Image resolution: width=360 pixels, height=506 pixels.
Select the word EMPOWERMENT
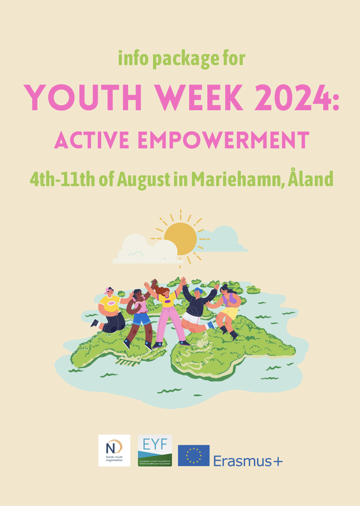223,141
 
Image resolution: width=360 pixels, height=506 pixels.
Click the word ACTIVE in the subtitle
92,141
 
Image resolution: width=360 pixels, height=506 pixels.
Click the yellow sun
180,239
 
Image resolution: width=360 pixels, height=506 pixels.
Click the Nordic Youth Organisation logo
114,450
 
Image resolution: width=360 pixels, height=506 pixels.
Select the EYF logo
155,450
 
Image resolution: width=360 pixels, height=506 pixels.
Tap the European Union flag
194,456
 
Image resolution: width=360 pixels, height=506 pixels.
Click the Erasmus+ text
248,461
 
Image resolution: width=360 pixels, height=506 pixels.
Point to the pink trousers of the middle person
169,322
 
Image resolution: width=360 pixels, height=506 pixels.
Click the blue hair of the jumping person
198,290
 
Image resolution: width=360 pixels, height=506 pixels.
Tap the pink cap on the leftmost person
107,290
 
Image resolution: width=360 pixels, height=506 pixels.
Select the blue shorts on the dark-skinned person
141,318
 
